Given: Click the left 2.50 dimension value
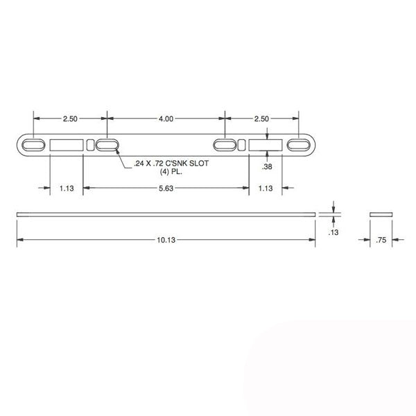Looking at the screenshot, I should pyautogui.click(x=70, y=119).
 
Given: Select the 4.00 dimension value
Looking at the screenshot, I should pyautogui.click(x=166, y=119).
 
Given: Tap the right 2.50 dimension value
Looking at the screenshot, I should pyautogui.click(x=261, y=119).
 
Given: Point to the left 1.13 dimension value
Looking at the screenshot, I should pyautogui.click(x=66, y=187).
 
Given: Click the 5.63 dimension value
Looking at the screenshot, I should pyautogui.click(x=166, y=187).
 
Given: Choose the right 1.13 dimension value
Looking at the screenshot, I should pyautogui.click(x=266, y=187).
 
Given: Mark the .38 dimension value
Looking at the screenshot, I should pyautogui.click(x=267, y=168).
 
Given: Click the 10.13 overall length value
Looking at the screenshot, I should pyautogui.click(x=166, y=240).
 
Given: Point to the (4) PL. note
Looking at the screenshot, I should pyautogui.click(x=164, y=171).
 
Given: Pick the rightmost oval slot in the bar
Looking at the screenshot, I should pyautogui.click(x=300, y=144).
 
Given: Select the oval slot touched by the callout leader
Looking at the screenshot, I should pyautogui.click(x=107, y=144).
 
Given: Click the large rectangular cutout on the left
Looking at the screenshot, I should pyautogui.click(x=67, y=144).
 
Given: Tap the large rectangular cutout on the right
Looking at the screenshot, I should pyautogui.click(x=266, y=144).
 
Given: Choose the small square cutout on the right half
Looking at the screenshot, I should pyautogui.click(x=241, y=144).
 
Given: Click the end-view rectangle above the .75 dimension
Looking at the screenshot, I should pyautogui.click(x=380, y=213).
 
